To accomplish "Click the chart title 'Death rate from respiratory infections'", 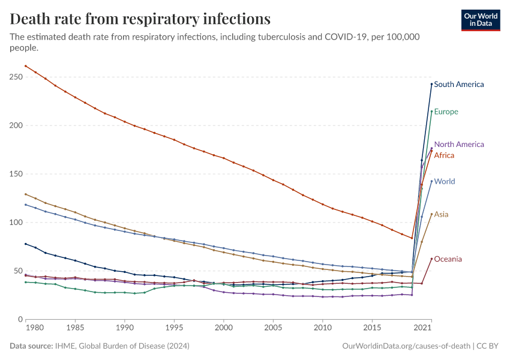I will pyautogui.click(x=140, y=19).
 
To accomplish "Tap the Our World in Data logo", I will pyautogui.click(x=480, y=20).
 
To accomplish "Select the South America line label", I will pyautogui.click(x=458, y=85).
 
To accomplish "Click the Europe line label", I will pyautogui.click(x=446, y=112).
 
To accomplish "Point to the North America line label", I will pyautogui.click(x=458, y=145).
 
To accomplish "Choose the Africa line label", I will pyautogui.click(x=444, y=155).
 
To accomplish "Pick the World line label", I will pyautogui.click(x=444, y=182).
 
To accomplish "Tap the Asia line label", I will pyautogui.click(x=441, y=214).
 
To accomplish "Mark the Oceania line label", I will pyautogui.click(x=448, y=259).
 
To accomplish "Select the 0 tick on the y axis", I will pyautogui.click(x=20, y=319).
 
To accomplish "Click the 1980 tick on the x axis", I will pyautogui.click(x=35, y=328).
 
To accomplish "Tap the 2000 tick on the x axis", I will pyautogui.click(x=223, y=328).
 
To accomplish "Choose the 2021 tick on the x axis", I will pyautogui.click(x=424, y=328).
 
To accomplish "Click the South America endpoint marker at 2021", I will pyautogui.click(x=431, y=84).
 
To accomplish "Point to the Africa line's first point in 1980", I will pyautogui.click(x=25, y=65).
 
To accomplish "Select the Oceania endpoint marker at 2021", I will pyautogui.click(x=431, y=259).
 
